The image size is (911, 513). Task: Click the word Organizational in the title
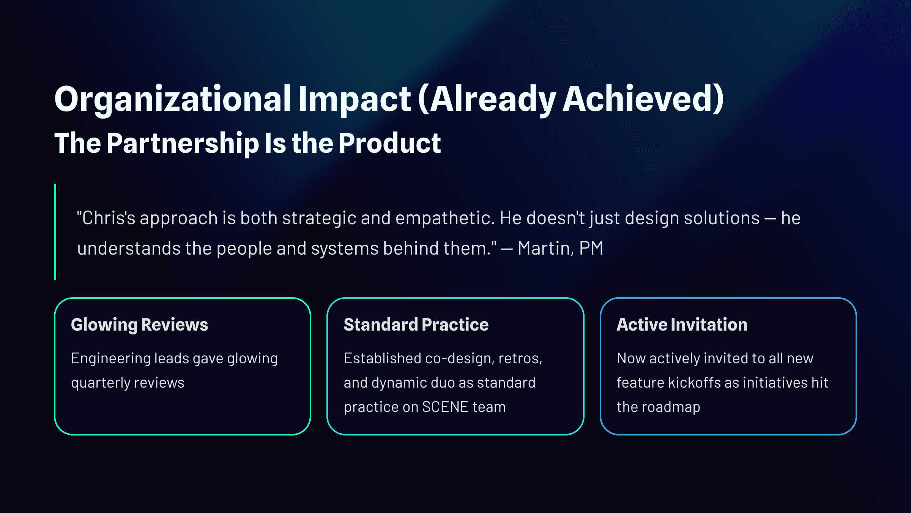coord(173,100)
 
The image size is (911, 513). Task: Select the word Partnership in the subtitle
coord(183,144)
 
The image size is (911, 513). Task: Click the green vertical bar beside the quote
coord(55,232)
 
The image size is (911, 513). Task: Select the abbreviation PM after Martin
coord(591,249)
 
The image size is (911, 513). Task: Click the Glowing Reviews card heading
coord(140,325)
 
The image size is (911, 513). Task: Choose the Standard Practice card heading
coord(416,325)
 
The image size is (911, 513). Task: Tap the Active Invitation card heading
coord(682,325)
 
